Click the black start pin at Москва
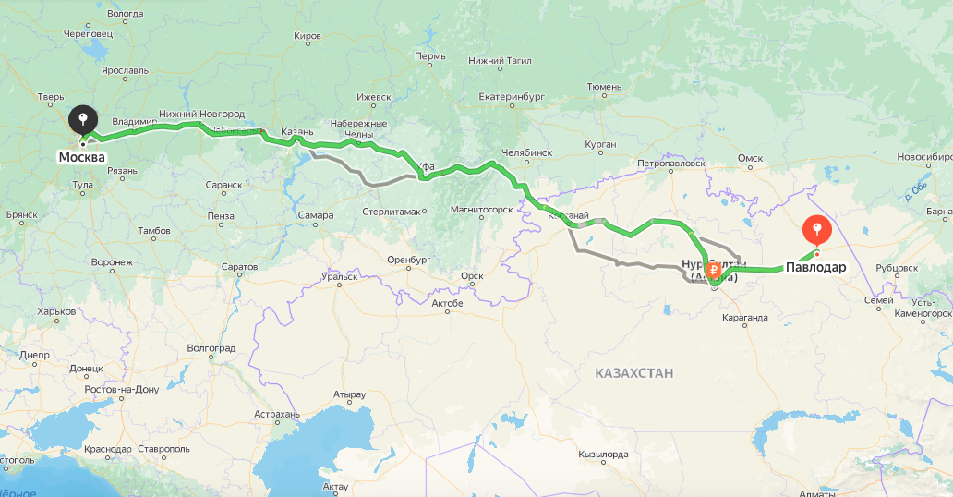83,120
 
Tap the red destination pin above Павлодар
817,228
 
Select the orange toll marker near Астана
713,273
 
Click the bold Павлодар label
815,268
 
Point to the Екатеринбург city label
514,96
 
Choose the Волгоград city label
211,348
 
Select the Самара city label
315,215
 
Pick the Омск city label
750,158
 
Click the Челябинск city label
525,152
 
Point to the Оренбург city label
410,259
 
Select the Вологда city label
125,14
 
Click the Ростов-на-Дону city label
121,389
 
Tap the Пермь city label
430,56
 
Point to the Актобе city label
447,303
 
